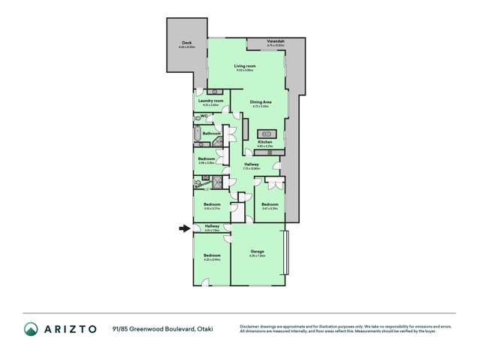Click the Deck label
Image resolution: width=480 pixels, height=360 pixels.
[x=187, y=43]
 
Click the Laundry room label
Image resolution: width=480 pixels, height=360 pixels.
[x=210, y=101]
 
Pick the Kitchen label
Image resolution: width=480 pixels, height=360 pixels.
[x=265, y=141]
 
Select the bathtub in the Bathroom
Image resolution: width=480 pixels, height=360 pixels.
[x=197, y=136]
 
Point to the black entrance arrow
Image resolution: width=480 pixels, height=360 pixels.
[x=184, y=229]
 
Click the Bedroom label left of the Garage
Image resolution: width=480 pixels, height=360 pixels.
[x=211, y=256]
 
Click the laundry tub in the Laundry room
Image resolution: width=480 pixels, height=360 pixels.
[x=214, y=92]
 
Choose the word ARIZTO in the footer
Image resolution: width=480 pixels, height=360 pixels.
[x=70, y=328]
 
